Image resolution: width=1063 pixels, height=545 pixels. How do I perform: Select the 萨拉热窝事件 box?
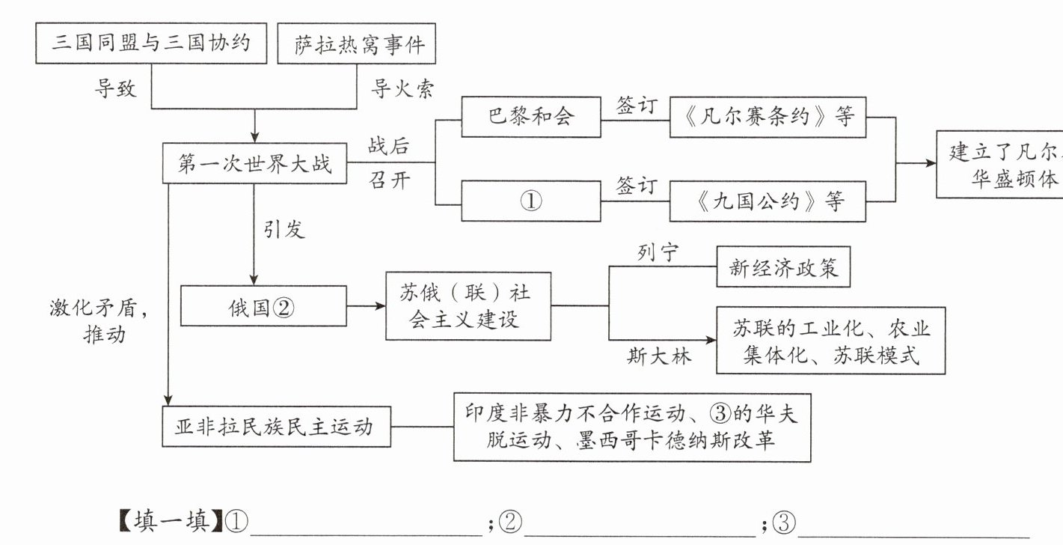pos(355,43)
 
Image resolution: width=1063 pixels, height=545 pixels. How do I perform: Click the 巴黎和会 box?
pos(530,117)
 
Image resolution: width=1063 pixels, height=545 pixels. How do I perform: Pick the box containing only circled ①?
pos(530,201)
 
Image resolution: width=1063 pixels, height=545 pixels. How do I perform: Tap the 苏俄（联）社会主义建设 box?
pos(468,305)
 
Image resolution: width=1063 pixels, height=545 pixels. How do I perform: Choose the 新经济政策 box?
pos(784,267)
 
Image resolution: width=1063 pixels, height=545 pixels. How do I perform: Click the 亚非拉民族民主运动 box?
pos(276,427)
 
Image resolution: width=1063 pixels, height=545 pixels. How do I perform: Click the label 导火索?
pos(402,89)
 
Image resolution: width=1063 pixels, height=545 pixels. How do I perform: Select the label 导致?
pos(115,89)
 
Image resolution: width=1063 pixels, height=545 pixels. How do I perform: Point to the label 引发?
pos(284,228)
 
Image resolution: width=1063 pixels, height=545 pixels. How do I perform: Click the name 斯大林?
pos(659,356)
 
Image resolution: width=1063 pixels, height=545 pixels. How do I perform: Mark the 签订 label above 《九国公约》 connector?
pos(635,185)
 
